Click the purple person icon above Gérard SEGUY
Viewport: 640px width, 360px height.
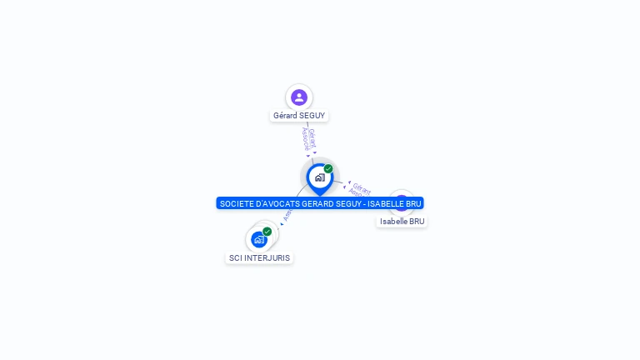pyautogui.click(x=299, y=97)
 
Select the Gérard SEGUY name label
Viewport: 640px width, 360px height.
pyautogui.click(x=299, y=116)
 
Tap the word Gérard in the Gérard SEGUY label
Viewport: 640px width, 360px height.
pyautogui.click(x=286, y=116)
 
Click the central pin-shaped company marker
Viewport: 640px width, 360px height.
pyautogui.click(x=318, y=177)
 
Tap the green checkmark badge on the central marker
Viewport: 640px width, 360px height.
pyautogui.click(x=328, y=169)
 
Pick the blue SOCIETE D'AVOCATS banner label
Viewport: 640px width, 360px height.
pyautogui.click(x=320, y=203)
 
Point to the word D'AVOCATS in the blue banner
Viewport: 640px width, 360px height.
pyautogui.click(x=274, y=203)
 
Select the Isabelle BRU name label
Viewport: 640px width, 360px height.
pyautogui.click(x=402, y=222)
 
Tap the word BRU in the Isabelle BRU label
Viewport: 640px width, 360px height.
pyautogui.click(x=417, y=222)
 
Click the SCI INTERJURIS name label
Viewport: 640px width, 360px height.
pyautogui.click(x=260, y=258)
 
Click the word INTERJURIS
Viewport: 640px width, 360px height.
pyautogui.click(x=267, y=258)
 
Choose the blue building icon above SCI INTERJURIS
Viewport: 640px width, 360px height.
pyautogui.click(x=259, y=239)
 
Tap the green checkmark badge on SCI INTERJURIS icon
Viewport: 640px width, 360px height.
pyautogui.click(x=267, y=232)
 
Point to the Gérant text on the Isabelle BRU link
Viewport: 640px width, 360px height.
pyautogui.click(x=362, y=187)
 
